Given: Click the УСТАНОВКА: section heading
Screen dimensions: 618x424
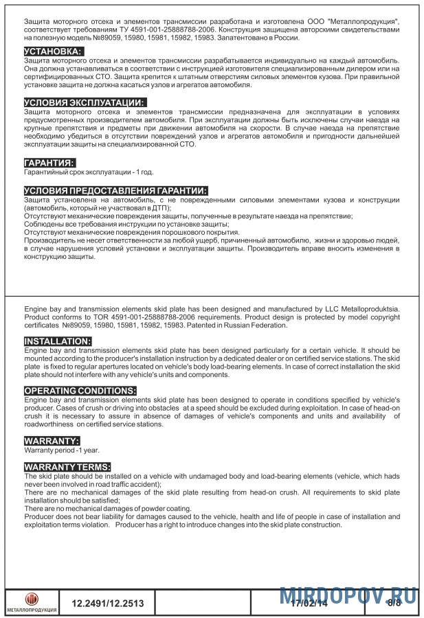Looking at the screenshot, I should click(x=54, y=52).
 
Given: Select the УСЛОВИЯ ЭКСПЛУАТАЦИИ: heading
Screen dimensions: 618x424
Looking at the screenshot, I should click(x=85, y=103).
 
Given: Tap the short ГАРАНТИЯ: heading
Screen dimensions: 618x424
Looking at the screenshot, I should click(x=49, y=163).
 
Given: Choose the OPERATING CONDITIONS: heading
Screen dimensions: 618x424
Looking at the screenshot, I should click(x=80, y=391).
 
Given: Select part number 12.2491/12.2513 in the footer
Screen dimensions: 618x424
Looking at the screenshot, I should click(x=108, y=604).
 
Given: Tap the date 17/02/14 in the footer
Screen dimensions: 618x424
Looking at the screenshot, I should click(x=309, y=604).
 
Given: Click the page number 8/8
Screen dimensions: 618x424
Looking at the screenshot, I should click(x=394, y=604).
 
